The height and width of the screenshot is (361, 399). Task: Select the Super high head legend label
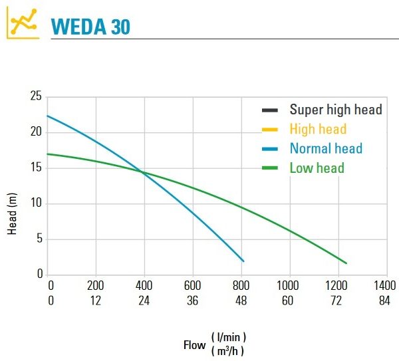click(x=335, y=110)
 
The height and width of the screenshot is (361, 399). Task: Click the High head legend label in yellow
click(x=318, y=129)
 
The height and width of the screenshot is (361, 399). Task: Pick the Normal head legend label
click(x=326, y=148)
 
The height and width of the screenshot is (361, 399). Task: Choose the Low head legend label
click(x=317, y=168)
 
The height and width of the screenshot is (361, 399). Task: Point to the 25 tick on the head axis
click(x=36, y=97)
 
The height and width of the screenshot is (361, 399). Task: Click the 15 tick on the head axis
click(x=36, y=168)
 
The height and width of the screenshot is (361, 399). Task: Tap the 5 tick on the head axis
click(x=39, y=239)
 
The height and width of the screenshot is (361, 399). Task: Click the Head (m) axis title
click(x=12, y=214)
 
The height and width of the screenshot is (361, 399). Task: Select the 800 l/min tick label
click(x=241, y=285)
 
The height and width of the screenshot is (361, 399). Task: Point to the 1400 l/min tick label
click(x=386, y=285)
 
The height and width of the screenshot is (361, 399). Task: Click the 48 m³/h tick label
click(x=241, y=301)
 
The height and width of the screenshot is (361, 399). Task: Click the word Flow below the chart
click(x=195, y=345)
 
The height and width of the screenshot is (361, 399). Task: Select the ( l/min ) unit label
click(x=233, y=338)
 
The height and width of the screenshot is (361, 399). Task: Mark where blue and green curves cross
click(x=143, y=172)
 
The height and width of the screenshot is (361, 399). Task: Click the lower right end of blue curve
click(x=243, y=261)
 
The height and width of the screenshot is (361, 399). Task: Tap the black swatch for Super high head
click(x=270, y=110)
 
